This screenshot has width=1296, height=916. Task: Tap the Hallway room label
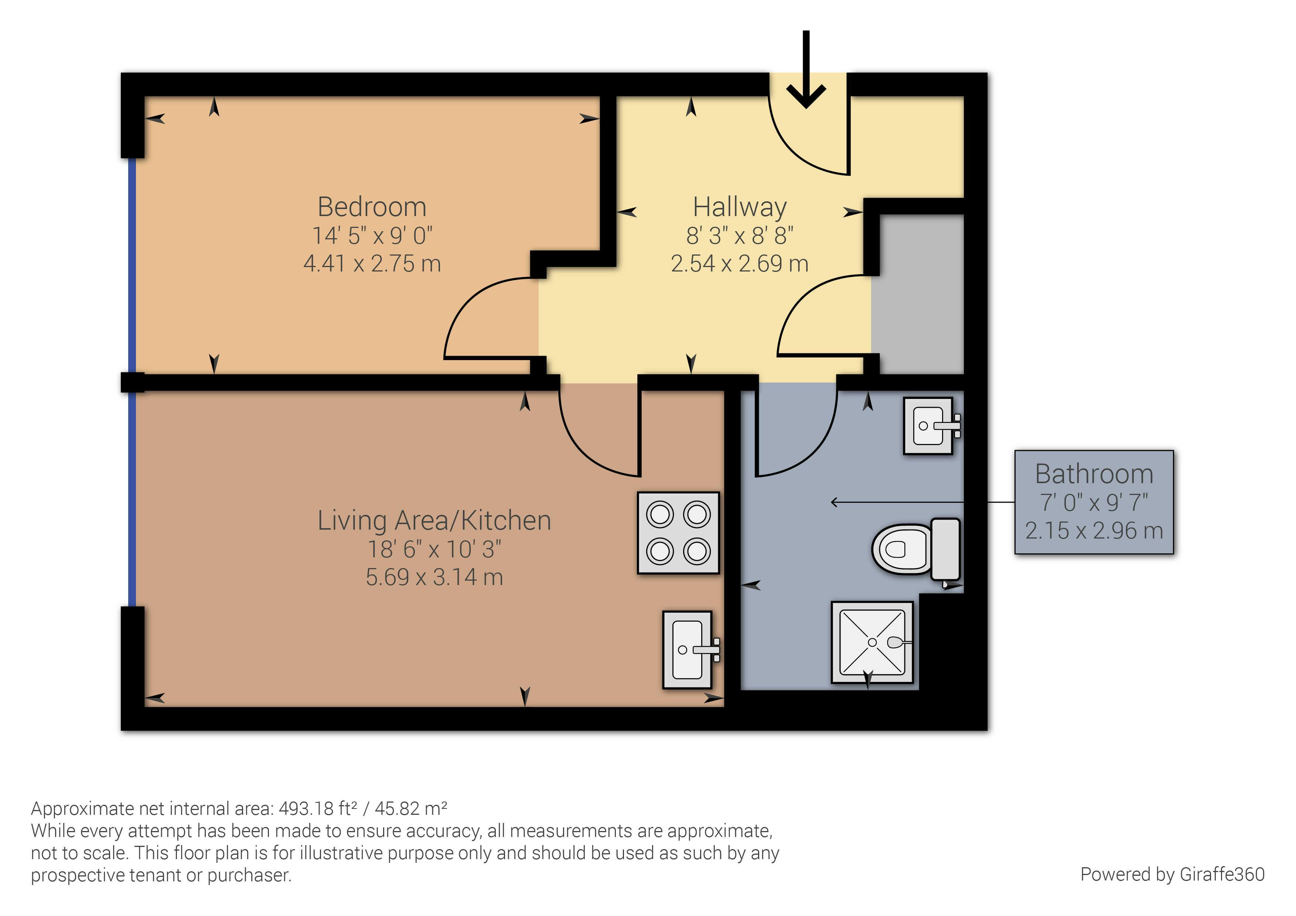coord(740,208)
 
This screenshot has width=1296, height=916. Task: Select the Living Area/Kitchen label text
coord(434,520)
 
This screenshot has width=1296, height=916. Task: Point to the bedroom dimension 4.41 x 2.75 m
coord(372,264)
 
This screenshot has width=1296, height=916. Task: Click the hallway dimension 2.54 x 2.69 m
coord(740,264)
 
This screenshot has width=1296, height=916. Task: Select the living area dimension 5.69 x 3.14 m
coord(434,577)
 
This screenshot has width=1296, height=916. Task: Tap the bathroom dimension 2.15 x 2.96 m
coord(1094,530)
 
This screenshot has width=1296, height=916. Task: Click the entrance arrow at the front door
coord(806,69)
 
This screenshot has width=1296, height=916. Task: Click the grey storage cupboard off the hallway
coord(917,295)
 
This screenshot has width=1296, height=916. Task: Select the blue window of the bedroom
coord(132,265)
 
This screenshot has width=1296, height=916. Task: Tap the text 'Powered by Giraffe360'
coord(1172,874)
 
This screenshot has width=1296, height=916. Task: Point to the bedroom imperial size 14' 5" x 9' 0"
coord(372,235)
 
